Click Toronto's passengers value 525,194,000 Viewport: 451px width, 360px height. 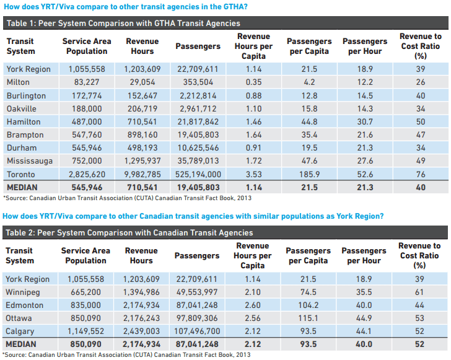pos(198,174)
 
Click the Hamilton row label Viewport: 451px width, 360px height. pos(24,122)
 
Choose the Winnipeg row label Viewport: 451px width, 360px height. pos(23,292)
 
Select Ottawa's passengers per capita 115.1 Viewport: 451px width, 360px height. pos(309,318)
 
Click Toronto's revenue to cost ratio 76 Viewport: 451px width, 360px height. pos(421,174)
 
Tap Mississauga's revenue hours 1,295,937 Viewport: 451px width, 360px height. pos(142,161)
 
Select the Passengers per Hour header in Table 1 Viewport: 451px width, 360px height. pos(364,46)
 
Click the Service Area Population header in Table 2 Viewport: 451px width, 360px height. pos(85,255)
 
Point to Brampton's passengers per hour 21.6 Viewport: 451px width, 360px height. pos(364,135)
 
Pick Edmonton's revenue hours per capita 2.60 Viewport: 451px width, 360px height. pos(253,305)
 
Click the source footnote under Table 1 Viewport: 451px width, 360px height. pos(126,198)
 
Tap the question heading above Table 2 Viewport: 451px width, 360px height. pos(193,216)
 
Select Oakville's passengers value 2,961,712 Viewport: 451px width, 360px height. pos(198,109)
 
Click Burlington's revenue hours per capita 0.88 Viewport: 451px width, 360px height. pos(253,96)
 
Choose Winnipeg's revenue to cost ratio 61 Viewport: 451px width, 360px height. pos(419,292)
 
